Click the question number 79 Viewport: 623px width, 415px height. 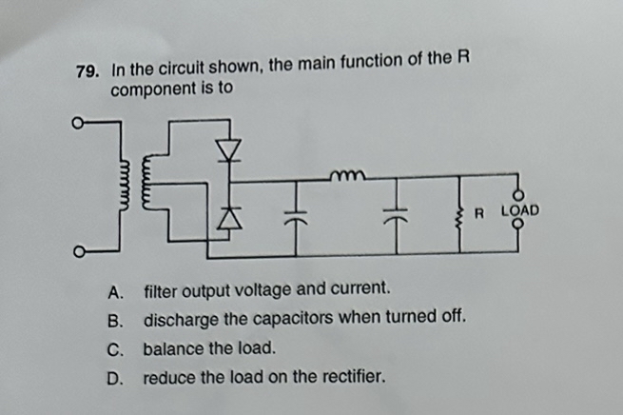pos(88,72)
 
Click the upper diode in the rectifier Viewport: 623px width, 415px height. pos(227,150)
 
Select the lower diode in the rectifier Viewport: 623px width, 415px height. pos(227,218)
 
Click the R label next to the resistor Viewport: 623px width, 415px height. pos(479,209)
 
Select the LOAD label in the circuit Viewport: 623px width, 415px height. pos(519,209)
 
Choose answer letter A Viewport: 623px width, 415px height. pos(115,288)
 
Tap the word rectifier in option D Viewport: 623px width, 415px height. pos(354,378)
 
